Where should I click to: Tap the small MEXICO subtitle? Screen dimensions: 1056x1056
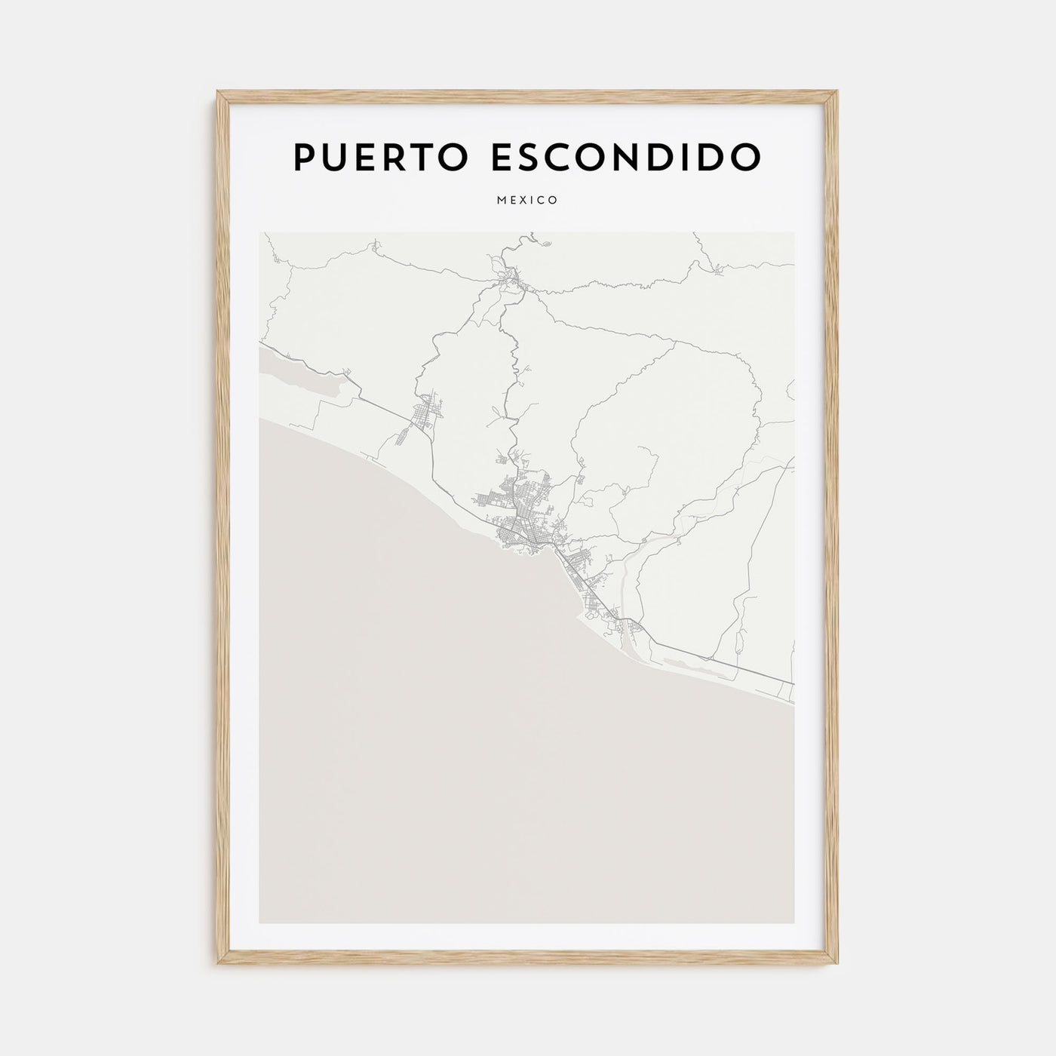coord(527,201)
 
